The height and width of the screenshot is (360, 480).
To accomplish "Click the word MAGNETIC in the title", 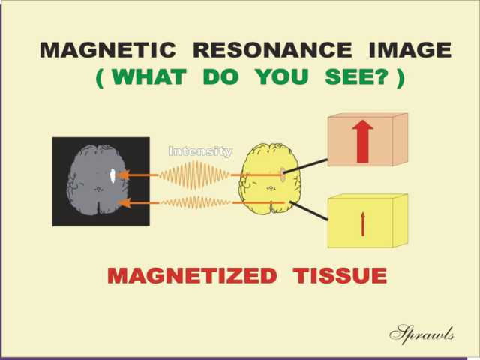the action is tap(108, 50).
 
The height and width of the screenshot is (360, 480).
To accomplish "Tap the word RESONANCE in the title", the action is tap(273, 50).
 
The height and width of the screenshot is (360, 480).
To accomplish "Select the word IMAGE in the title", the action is tap(410, 50).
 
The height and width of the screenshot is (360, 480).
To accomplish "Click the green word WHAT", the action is tap(149, 76).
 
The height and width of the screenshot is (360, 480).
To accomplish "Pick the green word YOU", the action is tap(282, 76).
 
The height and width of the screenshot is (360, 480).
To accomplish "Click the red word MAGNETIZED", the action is tap(192, 275).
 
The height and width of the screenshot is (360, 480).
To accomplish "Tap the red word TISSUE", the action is tap(340, 275).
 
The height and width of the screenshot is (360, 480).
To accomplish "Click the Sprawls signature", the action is tap(421, 334).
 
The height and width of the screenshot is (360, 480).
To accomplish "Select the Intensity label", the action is tap(200, 151).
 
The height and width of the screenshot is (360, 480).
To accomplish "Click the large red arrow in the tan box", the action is tap(363, 142).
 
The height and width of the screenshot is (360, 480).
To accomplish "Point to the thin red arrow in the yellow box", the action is tap(363, 224).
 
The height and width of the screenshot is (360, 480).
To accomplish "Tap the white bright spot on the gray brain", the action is tap(112, 176).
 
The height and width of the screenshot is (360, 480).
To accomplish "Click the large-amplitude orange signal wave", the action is tap(194, 175).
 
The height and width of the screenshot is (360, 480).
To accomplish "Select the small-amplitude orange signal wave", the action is tap(196, 202).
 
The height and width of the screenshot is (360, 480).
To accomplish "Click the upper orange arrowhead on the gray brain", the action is tap(123, 175).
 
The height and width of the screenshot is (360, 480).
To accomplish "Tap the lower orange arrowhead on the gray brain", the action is tap(124, 202).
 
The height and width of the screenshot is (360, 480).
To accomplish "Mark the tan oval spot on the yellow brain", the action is tap(283, 173).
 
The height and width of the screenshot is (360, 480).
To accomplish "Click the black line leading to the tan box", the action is tap(306, 166).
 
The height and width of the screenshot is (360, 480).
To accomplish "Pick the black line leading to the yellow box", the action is tap(308, 211).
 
